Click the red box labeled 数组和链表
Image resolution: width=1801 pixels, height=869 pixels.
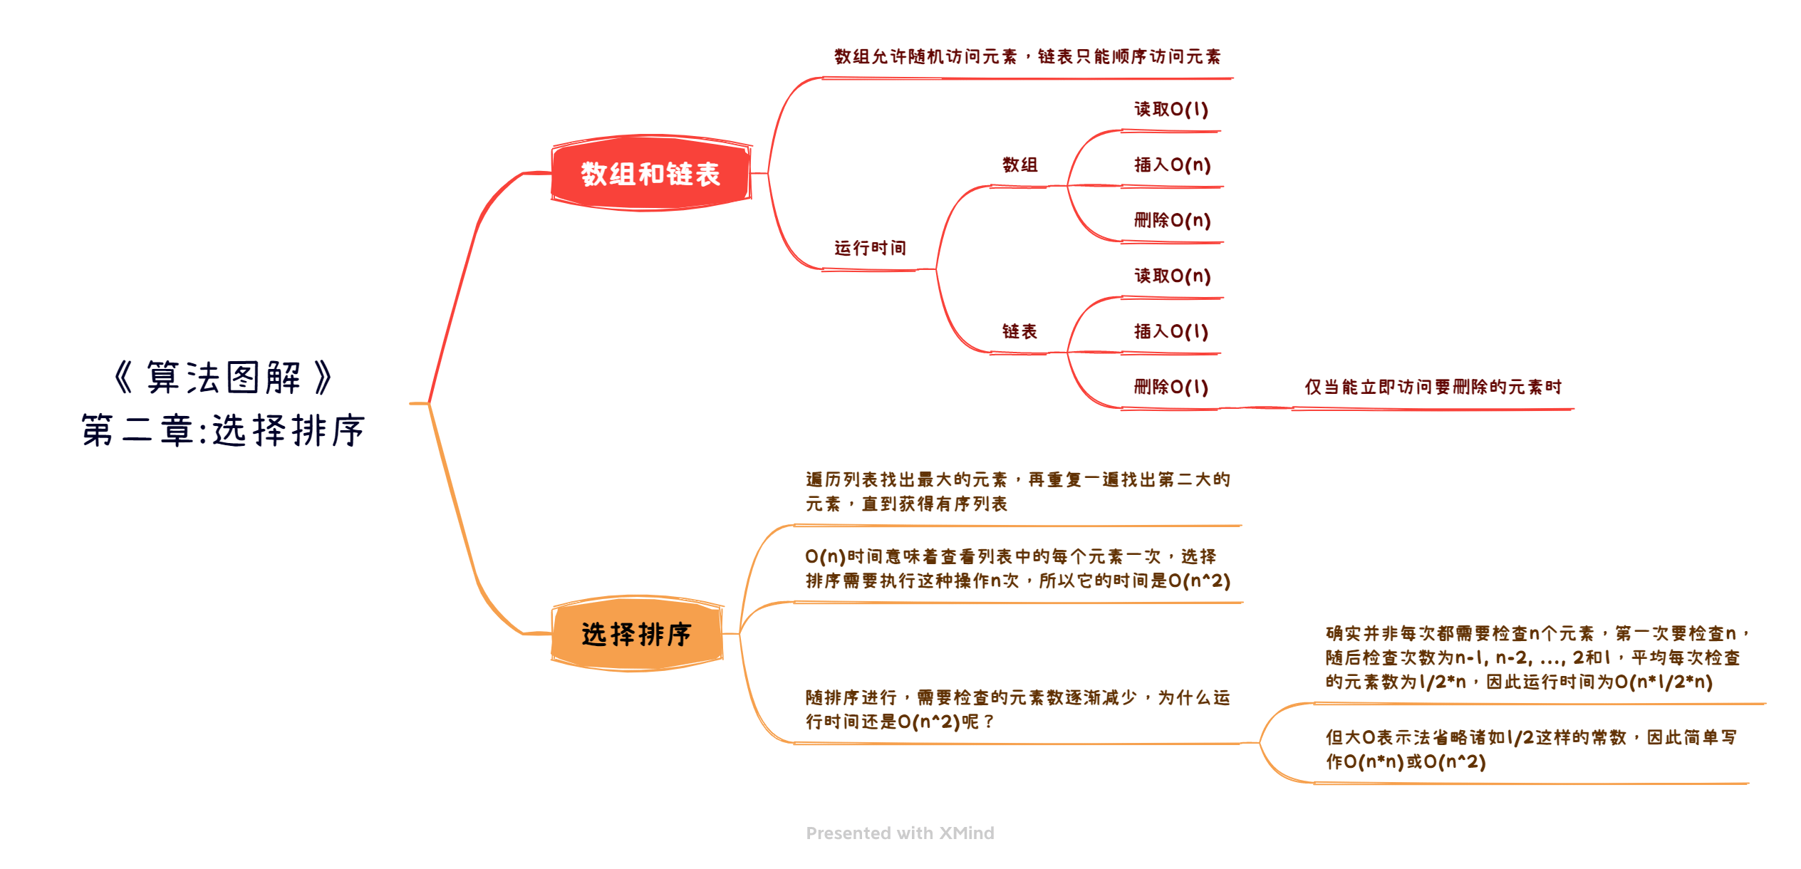click(x=651, y=173)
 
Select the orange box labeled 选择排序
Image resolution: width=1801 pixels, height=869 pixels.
click(x=638, y=633)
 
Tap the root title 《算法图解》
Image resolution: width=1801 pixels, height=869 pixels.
click(x=223, y=377)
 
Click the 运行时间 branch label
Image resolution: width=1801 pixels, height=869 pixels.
click(x=870, y=248)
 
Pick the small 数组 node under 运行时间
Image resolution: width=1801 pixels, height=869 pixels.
click(x=1019, y=165)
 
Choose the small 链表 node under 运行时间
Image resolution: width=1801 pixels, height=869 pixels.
click(x=1019, y=331)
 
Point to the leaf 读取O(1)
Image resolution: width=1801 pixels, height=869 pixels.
click(x=1171, y=109)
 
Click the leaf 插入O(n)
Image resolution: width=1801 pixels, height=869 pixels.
click(x=1173, y=165)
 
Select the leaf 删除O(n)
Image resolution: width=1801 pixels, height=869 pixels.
click(x=1173, y=220)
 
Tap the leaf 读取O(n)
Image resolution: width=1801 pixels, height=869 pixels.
click(x=1173, y=276)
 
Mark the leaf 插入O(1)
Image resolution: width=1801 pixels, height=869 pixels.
click(x=1171, y=331)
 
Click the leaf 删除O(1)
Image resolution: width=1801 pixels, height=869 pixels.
click(x=1171, y=387)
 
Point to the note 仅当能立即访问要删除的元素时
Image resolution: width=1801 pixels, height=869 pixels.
click(x=1433, y=387)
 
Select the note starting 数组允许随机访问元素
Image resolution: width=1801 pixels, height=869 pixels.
click(x=1027, y=56)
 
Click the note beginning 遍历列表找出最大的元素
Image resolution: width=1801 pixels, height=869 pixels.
click(x=1018, y=491)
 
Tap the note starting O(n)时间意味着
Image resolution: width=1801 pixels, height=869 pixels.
click(x=1018, y=568)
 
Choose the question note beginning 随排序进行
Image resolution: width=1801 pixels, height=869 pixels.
click(x=1018, y=709)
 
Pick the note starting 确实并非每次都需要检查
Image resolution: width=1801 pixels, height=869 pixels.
click(x=1537, y=657)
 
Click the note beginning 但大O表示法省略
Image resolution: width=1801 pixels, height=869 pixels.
click(x=1531, y=749)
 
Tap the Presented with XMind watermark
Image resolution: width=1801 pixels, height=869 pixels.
click(x=900, y=833)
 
